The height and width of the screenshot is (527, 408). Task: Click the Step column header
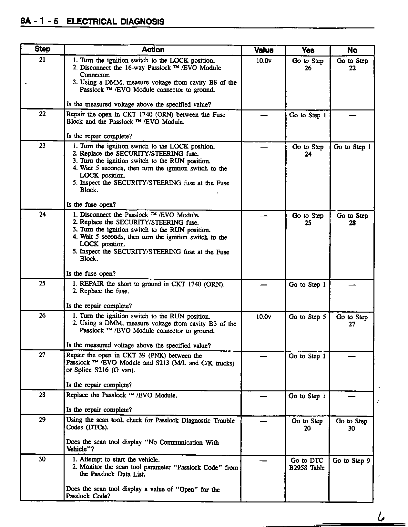pos(42,49)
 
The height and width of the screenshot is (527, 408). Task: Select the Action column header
pos(153,50)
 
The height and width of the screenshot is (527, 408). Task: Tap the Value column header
pos(263,50)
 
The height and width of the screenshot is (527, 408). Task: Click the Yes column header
pos(308,50)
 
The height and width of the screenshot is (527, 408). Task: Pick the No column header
pos(352,50)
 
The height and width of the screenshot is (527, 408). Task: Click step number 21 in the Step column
pos(42,60)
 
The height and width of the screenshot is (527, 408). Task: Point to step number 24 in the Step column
pos(42,214)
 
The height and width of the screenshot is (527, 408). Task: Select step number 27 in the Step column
pos(42,355)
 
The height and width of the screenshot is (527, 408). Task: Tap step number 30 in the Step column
pos(42,459)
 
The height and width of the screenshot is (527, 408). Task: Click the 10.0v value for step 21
pos(264,61)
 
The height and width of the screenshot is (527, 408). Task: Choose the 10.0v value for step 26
pos(264,317)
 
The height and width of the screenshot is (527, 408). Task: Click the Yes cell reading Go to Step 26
pos(308,64)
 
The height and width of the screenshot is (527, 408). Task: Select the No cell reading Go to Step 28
pos(352,219)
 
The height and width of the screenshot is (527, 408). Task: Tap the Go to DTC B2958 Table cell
pos(307,464)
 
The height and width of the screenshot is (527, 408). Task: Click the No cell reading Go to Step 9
pos(351,461)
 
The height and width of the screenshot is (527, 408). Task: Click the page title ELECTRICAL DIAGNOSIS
pos(115,22)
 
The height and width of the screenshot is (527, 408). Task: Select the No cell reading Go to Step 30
pos(351,425)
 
